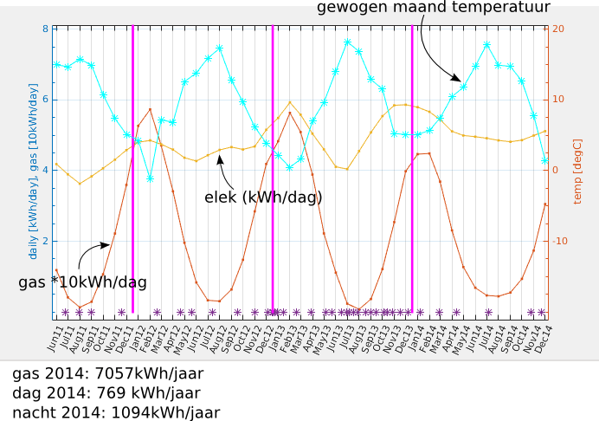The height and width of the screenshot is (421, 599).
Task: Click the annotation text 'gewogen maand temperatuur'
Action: [x=433, y=8]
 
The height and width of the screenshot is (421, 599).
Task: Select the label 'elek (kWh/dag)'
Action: [x=263, y=198]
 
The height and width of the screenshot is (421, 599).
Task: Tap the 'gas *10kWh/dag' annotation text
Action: [x=82, y=282]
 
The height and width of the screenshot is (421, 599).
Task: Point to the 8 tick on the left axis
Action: [x=45, y=29]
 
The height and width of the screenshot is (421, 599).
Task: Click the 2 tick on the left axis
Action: [x=45, y=241]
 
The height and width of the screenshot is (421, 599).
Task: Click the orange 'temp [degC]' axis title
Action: [x=578, y=171]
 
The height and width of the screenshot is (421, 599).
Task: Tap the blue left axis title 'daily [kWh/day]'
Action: [x=33, y=172]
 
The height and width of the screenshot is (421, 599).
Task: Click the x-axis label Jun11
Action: [x=55, y=338]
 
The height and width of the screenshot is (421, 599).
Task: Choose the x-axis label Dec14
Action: [x=544, y=338]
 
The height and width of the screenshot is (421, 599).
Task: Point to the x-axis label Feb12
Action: [x=149, y=338]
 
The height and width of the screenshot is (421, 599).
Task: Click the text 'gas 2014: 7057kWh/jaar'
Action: [x=107, y=374]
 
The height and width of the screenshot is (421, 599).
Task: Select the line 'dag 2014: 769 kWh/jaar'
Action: [x=106, y=393]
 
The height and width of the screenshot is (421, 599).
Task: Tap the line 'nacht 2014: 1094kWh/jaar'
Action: [x=116, y=413]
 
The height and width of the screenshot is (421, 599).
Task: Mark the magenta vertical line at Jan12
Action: [x=132, y=173]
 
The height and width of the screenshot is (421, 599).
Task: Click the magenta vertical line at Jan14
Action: [x=412, y=173]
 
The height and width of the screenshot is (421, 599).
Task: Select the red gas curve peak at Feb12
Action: [x=150, y=109]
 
